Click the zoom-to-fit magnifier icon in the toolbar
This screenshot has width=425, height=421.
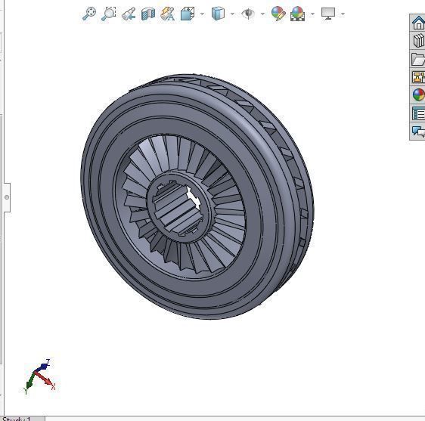click(x=88, y=14)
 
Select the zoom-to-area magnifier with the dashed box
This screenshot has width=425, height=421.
click(x=109, y=14)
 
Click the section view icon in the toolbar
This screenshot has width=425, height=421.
click(x=148, y=14)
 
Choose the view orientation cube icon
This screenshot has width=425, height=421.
click(x=188, y=14)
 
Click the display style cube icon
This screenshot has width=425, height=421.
click(x=218, y=14)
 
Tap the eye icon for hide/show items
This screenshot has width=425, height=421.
click(x=248, y=14)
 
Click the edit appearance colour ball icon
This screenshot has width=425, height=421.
click(x=278, y=14)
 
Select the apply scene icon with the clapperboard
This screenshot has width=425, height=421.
click(x=297, y=14)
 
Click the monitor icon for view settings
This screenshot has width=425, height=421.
click(x=328, y=14)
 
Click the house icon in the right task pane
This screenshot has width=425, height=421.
click(x=418, y=23)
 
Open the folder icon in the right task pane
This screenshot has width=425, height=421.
click(x=418, y=59)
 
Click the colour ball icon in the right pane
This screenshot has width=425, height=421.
click(x=418, y=95)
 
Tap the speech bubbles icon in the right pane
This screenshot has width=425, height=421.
click(x=418, y=132)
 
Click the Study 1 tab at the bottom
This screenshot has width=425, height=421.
click(x=19, y=418)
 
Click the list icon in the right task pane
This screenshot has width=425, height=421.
click(x=418, y=113)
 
